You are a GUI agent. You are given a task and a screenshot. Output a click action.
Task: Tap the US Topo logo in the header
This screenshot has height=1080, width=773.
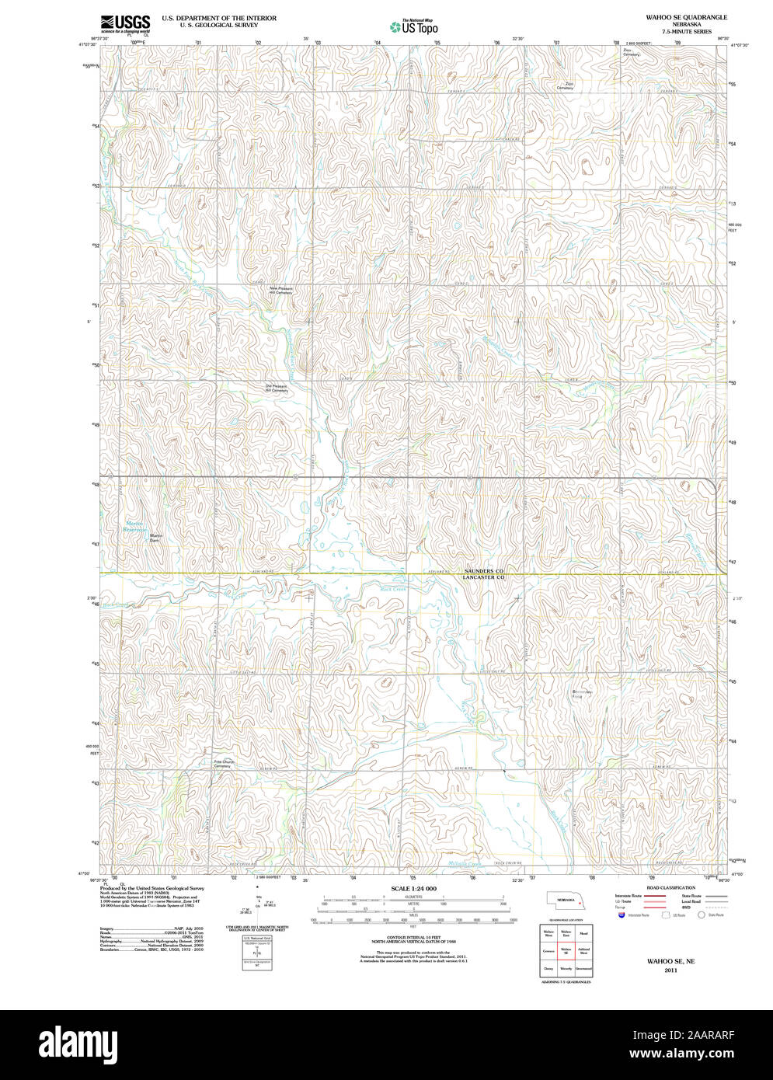pyautogui.click(x=413, y=26)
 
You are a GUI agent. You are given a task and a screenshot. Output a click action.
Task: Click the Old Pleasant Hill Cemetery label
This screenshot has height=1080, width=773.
pyautogui.click(x=277, y=388)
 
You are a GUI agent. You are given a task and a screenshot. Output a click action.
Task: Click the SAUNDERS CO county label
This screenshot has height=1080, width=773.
pyautogui.click(x=485, y=571)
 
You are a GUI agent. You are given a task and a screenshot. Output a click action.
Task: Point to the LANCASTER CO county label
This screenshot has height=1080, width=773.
pyautogui.click(x=485, y=578)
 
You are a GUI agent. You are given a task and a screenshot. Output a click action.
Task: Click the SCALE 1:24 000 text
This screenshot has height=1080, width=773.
pyautogui.click(x=413, y=888)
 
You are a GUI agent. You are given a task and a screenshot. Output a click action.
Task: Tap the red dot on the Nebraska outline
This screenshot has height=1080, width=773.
pyautogui.click(x=580, y=901)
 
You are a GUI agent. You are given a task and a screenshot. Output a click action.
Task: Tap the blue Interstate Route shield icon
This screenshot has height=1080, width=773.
pyautogui.click(x=621, y=915)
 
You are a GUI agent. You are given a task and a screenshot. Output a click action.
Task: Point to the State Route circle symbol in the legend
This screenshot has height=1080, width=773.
pyautogui.click(x=701, y=915)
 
